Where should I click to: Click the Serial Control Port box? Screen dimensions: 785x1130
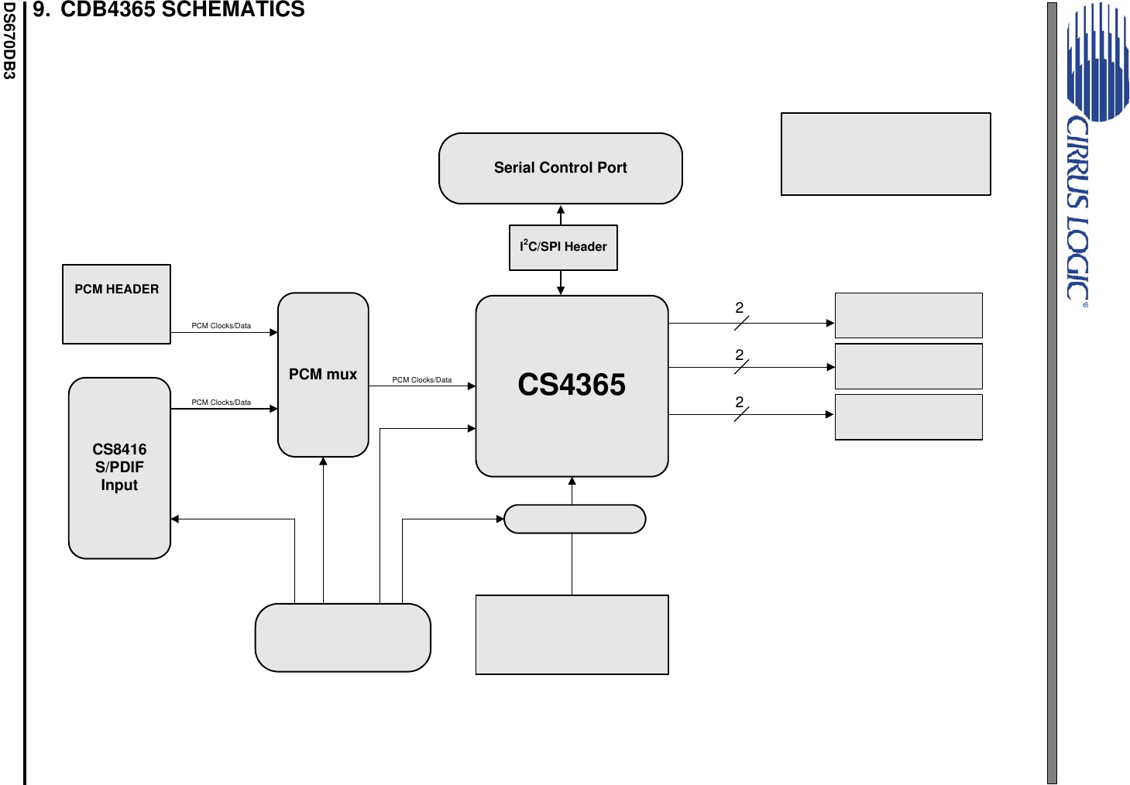pyautogui.click(x=560, y=168)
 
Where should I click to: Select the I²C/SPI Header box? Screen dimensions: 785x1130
pyautogui.click(x=563, y=247)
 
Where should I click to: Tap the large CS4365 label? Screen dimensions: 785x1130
pyautogui.click(x=572, y=385)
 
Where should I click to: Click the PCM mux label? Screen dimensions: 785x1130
pyautogui.click(x=323, y=375)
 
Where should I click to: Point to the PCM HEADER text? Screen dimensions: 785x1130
pyautogui.click(x=116, y=289)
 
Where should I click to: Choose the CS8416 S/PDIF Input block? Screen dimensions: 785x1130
pyautogui.click(x=119, y=468)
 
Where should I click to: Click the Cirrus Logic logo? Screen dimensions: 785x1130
pyautogui.click(x=1087, y=155)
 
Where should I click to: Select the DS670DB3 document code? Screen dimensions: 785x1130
pyautogui.click(x=9, y=40)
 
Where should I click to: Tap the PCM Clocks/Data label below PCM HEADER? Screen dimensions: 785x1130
pyautogui.click(x=221, y=326)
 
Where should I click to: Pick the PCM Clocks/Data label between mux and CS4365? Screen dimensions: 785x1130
pyautogui.click(x=421, y=380)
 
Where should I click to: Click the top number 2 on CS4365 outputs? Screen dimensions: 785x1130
pyautogui.click(x=739, y=308)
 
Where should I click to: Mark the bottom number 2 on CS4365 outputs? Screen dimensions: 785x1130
pyautogui.click(x=739, y=403)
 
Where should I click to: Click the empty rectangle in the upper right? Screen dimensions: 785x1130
pyautogui.click(x=885, y=154)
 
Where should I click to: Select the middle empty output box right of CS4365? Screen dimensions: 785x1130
pyautogui.click(x=908, y=366)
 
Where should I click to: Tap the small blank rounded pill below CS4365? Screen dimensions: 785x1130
pyautogui.click(x=574, y=519)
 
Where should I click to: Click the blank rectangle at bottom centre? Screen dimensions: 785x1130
pyautogui.click(x=572, y=635)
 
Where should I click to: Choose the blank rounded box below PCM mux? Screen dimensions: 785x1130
pyautogui.click(x=342, y=637)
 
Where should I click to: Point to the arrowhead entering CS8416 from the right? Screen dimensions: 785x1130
pyautogui.click(x=175, y=519)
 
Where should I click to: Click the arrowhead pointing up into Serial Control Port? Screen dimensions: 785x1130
pyautogui.click(x=561, y=209)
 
